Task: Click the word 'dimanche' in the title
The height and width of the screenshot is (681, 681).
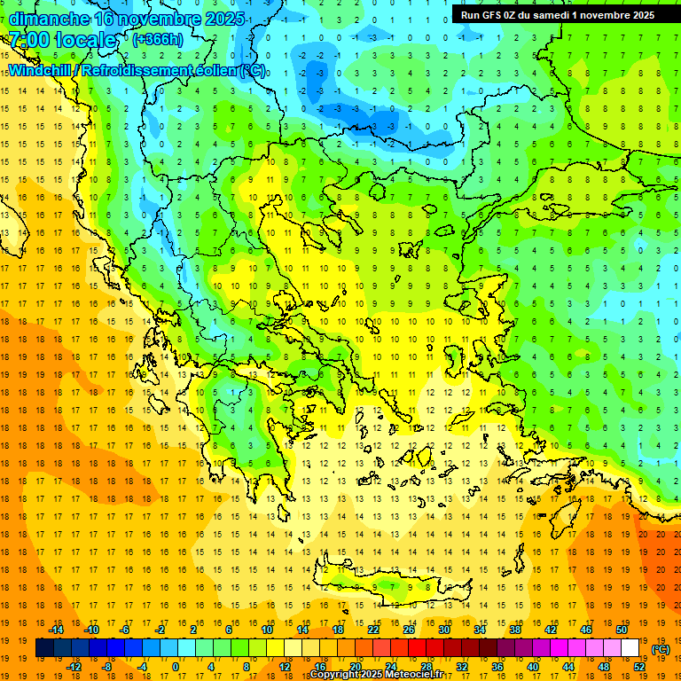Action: pyautogui.click(x=49, y=18)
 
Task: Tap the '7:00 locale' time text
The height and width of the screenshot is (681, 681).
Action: pyautogui.click(x=62, y=40)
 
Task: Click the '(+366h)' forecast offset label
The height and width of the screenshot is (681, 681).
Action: pyautogui.click(x=158, y=40)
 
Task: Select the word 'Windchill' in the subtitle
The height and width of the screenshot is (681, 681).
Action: pyautogui.click(x=42, y=70)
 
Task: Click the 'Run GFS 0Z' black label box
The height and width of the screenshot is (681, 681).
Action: pyautogui.click(x=558, y=14)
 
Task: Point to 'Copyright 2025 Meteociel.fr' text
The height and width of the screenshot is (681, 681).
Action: pyautogui.click(x=388, y=675)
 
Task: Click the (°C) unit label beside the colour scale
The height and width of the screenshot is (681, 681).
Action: pyautogui.click(x=661, y=649)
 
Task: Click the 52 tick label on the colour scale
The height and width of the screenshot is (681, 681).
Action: pyautogui.click(x=639, y=666)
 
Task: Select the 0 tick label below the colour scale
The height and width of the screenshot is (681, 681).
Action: pyautogui.click(x=176, y=666)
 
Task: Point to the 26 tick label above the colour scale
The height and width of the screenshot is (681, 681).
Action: pyautogui.click(x=409, y=630)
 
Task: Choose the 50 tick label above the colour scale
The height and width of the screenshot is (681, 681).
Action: pyautogui.click(x=622, y=630)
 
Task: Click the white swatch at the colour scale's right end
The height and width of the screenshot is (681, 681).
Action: pyautogui.click(x=630, y=648)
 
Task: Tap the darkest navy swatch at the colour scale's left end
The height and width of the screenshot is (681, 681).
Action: pyautogui.click(x=44, y=648)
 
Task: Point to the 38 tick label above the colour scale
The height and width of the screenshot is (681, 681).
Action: pyautogui.click(x=515, y=630)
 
